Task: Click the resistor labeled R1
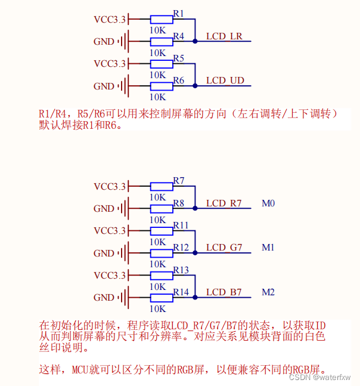[162, 19]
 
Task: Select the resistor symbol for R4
[162, 41]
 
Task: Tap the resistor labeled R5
[162, 63]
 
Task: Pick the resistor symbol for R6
[162, 86]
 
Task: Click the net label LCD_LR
[224, 36]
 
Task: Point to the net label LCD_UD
[225, 81]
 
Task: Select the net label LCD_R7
[224, 203]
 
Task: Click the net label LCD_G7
[224, 248]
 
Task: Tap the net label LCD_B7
[224, 292]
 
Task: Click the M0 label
[268, 203]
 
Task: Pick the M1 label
[268, 248]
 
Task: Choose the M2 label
[268, 292]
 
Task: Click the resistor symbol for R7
[162, 186]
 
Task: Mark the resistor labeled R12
[162, 253]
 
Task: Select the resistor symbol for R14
[162, 297]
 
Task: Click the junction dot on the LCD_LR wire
[195, 41]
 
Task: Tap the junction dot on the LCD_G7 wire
[195, 253]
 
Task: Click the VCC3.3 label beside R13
[110, 276]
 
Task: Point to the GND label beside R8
[104, 209]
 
